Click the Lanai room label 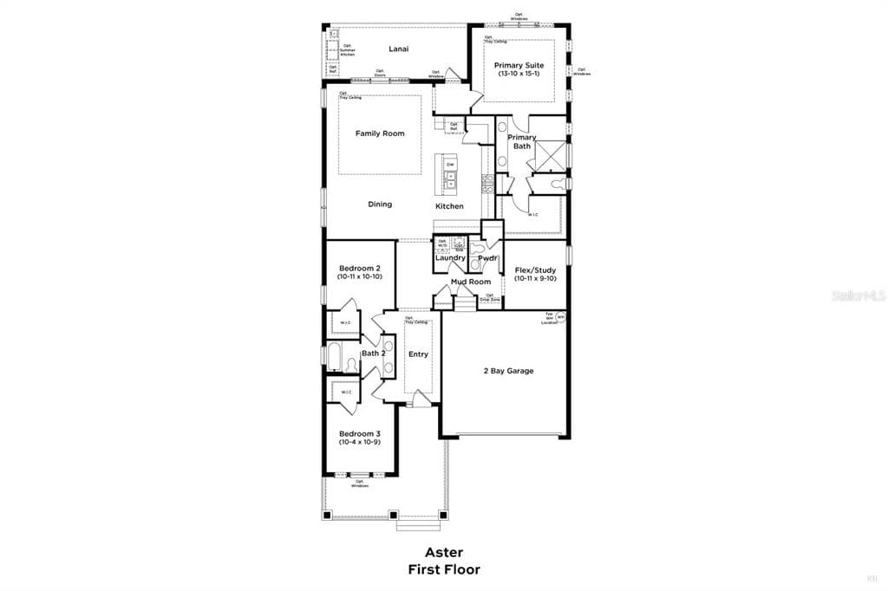(399, 49)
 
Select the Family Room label (380, 133)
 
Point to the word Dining (380, 205)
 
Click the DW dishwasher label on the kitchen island (450, 165)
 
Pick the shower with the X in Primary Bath (549, 156)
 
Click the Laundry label (450, 257)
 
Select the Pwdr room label (486, 257)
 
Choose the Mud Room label (471, 282)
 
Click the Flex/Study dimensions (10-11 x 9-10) (535, 279)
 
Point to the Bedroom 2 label (360, 269)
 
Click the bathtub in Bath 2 (336, 354)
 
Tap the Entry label (418, 354)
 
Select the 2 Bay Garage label (508, 371)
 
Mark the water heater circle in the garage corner (561, 317)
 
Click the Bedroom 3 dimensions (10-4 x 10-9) (360, 442)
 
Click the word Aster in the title (443, 552)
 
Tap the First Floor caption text (443, 569)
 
